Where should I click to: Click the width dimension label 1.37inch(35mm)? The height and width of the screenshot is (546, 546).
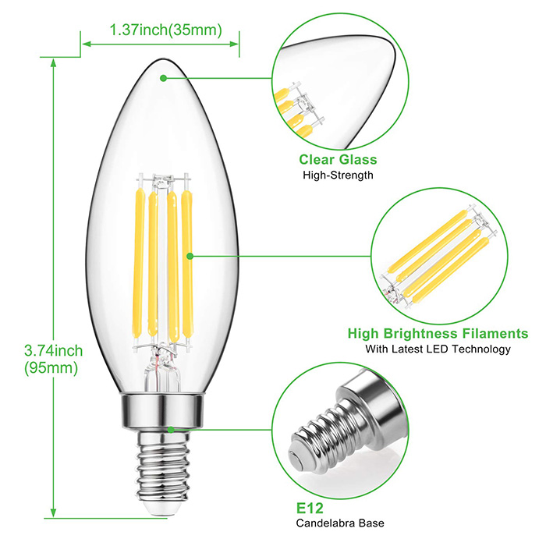(x=165, y=30)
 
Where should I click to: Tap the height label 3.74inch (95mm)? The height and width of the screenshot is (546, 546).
(x=53, y=359)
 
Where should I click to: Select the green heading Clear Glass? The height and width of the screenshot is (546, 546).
(x=338, y=159)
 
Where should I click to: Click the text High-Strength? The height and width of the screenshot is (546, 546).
(x=338, y=175)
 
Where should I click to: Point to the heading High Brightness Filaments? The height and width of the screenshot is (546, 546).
(x=438, y=333)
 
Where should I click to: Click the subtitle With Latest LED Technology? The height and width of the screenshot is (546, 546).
(x=438, y=349)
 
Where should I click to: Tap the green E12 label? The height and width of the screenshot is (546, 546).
(x=310, y=509)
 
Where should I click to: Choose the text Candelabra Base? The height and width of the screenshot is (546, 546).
(x=340, y=523)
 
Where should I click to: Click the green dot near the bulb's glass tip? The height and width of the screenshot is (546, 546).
(x=163, y=78)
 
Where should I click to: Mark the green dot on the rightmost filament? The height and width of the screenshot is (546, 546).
(x=190, y=257)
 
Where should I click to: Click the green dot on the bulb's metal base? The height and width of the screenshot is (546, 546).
(x=171, y=430)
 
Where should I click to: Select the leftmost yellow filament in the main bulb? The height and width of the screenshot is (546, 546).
(x=138, y=264)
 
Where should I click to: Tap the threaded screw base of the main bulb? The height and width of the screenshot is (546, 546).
(x=163, y=466)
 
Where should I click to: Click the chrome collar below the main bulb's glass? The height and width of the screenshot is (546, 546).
(x=161, y=411)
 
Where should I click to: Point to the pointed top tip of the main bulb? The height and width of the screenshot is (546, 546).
(x=163, y=60)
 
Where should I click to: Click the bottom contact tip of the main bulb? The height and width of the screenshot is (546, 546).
(x=163, y=510)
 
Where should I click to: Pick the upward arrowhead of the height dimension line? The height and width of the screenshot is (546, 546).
(x=53, y=62)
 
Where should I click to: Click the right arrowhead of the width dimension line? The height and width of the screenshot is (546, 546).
(x=234, y=44)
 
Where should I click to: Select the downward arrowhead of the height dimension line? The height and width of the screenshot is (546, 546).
(x=53, y=513)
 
